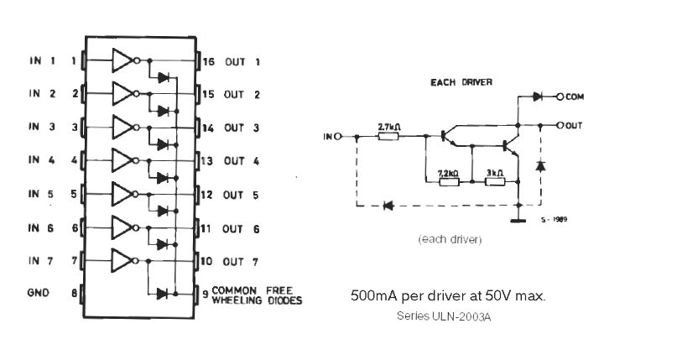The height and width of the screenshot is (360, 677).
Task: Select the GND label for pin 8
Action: tap(39, 293)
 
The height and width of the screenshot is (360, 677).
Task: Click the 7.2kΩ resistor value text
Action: tap(448, 173)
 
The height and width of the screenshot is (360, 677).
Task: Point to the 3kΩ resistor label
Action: tap(493, 173)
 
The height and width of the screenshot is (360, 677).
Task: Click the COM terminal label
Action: tap(575, 97)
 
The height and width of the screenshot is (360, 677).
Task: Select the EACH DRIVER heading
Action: tap(461, 82)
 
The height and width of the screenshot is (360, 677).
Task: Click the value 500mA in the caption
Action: tap(370, 297)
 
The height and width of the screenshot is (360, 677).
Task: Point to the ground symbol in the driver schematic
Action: tap(519, 222)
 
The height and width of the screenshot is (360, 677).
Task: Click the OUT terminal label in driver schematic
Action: tap(575, 125)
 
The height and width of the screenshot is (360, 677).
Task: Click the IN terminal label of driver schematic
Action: tap(329, 136)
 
